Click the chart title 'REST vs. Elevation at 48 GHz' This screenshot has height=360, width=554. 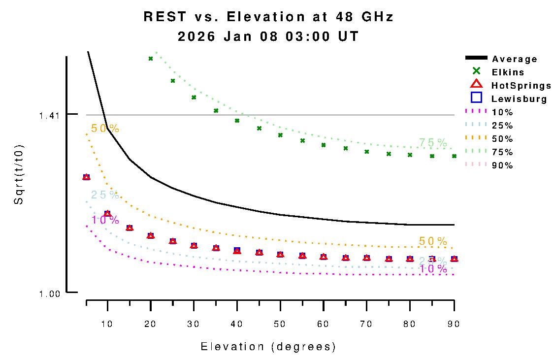point(268,17)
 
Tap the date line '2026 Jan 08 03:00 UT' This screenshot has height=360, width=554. point(268,37)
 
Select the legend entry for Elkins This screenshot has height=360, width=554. point(508,72)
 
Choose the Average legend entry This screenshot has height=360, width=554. point(514,59)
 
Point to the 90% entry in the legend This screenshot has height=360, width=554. point(502,165)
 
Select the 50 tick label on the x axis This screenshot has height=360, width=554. point(280,324)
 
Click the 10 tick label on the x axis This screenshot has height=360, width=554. point(107,324)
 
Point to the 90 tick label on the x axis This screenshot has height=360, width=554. point(453,324)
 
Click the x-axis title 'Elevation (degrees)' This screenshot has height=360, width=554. point(268,347)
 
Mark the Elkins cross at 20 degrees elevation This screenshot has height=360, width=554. point(151,59)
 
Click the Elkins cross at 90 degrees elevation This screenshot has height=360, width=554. point(454,156)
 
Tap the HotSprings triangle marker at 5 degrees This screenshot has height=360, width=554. point(86,177)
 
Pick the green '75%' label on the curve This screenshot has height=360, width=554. point(433,143)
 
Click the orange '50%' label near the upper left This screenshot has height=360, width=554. point(105,129)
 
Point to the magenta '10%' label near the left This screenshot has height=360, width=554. point(105,220)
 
